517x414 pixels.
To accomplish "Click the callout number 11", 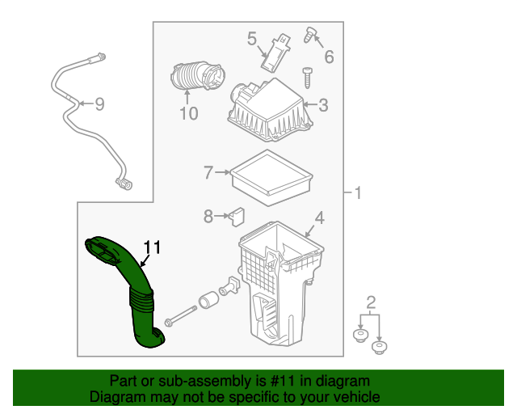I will (153, 247).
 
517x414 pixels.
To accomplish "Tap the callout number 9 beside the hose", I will (99, 103).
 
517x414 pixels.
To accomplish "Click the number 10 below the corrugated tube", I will (187, 114).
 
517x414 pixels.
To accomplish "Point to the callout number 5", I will (251, 38).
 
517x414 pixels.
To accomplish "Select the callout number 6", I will (328, 57).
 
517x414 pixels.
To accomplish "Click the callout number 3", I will (322, 104).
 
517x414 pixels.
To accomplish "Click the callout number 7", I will (208, 172).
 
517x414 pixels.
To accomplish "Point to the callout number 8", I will (208, 216).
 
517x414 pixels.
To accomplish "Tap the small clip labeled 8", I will (237, 215).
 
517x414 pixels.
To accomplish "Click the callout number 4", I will (319, 217).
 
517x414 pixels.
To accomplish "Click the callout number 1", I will (358, 192).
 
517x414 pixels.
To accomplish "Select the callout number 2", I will (371, 302).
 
